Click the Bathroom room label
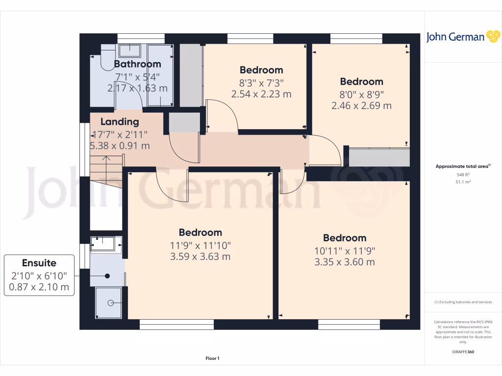137,64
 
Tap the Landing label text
120,122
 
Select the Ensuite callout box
40,275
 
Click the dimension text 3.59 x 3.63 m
200,257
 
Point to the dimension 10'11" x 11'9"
345,250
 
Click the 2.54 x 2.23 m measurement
261,94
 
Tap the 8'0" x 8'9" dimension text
361,94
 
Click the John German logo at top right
462,37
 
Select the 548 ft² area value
463,174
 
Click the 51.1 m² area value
463,181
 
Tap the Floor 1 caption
212,359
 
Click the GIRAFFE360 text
463,352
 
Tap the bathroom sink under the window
129,50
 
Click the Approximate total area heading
463,167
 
